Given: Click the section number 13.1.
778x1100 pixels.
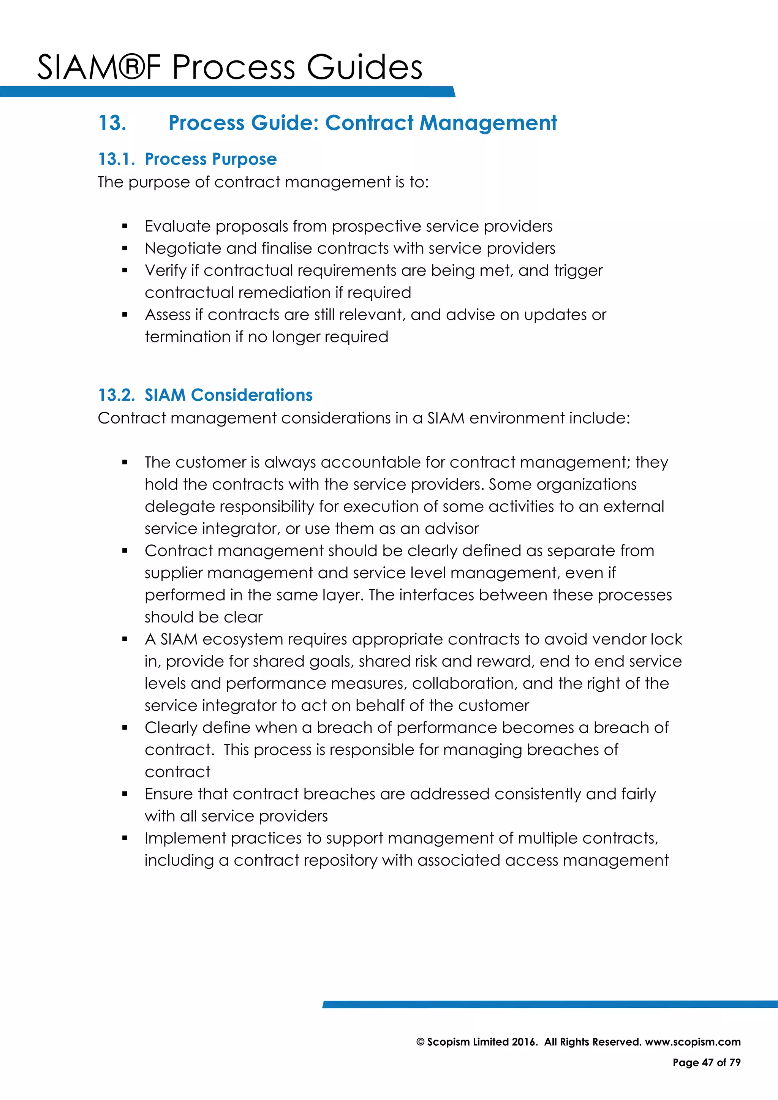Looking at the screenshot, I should tap(116, 159).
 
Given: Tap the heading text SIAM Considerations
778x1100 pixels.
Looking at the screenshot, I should tap(229, 395).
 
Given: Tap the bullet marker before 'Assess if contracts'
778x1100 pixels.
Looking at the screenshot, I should tap(125, 315).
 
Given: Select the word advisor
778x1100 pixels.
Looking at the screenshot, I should tap(451, 528).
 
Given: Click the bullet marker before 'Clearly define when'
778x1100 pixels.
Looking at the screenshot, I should tap(125, 728).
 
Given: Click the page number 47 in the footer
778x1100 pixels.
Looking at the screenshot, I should tap(708, 1063).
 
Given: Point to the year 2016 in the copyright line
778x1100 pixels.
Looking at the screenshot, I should tap(524, 1042).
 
